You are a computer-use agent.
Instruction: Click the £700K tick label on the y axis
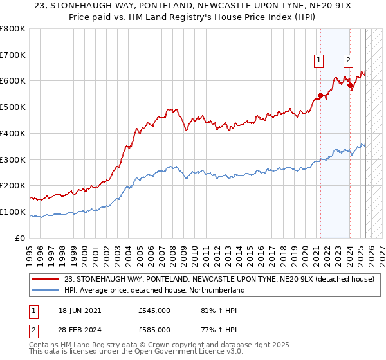click(13, 55)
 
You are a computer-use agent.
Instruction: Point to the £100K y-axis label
click(13, 212)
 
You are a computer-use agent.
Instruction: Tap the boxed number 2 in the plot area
click(348, 61)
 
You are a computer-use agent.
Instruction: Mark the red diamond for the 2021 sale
click(320, 96)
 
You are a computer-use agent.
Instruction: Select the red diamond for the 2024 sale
click(349, 85)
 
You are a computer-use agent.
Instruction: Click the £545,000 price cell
click(154, 310)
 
